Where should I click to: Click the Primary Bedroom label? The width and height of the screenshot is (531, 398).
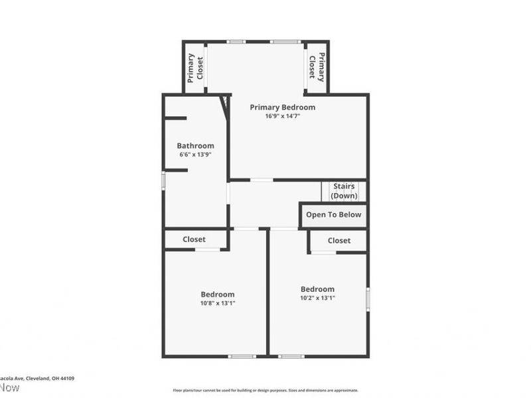(282, 107)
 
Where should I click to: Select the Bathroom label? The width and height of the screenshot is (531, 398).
(195, 146)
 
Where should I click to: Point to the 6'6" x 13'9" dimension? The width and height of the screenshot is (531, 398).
(195, 155)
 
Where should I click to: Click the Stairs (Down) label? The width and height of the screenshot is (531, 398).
(344, 191)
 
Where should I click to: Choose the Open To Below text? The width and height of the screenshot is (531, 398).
(333, 215)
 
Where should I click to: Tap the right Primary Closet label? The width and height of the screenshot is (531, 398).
(317, 68)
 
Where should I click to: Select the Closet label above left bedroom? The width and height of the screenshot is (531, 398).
(194, 239)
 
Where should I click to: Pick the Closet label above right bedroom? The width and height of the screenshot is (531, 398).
(339, 241)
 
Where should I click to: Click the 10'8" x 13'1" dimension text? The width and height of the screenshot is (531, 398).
(218, 303)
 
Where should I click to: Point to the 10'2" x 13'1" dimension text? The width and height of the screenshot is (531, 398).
(317, 298)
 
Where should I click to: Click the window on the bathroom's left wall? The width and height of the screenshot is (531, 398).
(163, 181)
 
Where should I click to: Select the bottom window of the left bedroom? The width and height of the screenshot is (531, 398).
(242, 357)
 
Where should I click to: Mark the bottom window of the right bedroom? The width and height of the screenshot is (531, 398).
(291, 357)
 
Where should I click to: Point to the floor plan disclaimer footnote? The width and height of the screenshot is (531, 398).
(265, 391)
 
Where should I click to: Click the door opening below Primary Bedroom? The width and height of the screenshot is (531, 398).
(261, 180)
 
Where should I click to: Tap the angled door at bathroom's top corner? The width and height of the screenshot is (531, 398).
(224, 107)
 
